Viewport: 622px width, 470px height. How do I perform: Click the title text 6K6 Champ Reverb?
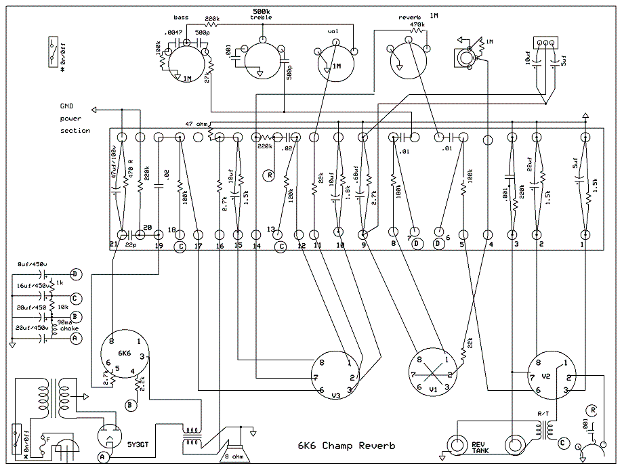pos(346,446)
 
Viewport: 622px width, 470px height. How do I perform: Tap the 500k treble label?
pos(261,15)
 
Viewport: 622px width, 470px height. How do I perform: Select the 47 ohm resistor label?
pos(197,123)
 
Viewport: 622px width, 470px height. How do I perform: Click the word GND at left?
pos(67,106)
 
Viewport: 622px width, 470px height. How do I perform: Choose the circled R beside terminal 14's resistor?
pos(270,174)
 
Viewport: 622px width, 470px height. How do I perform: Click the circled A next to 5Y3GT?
pos(102,457)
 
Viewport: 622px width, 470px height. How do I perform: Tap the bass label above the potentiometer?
pos(180,17)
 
